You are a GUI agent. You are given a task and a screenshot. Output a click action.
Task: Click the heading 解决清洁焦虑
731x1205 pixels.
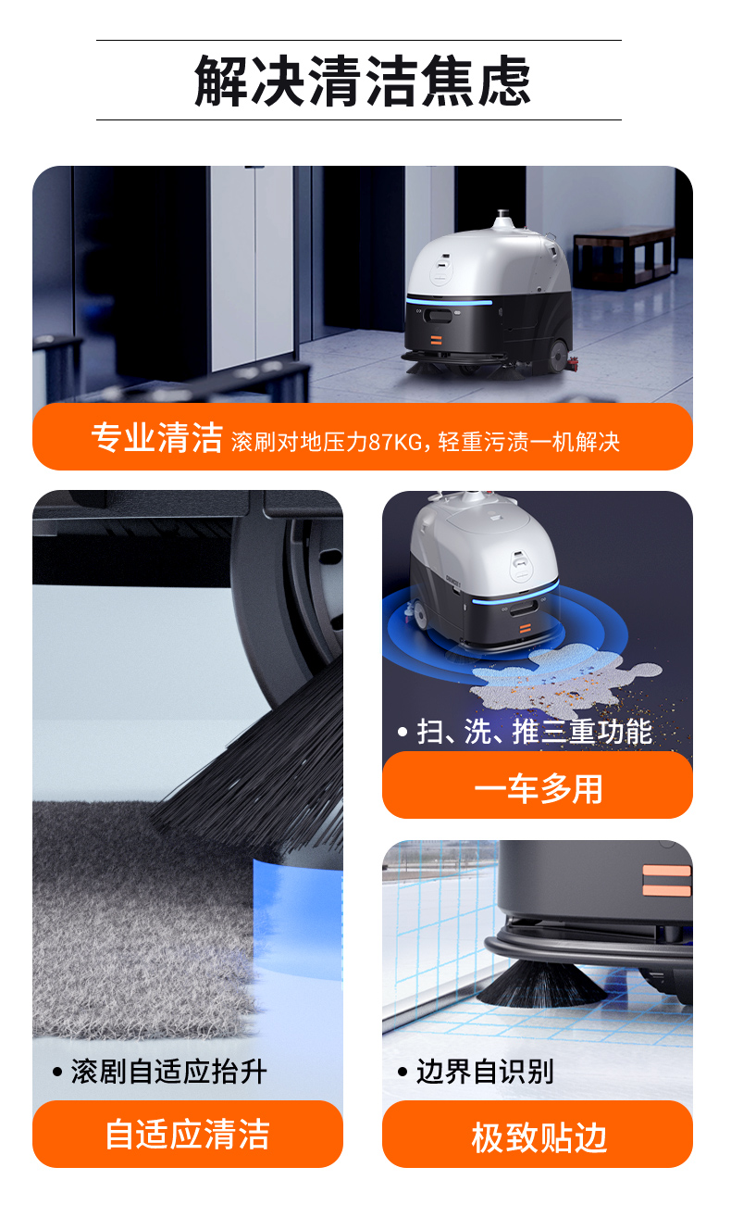[363, 81]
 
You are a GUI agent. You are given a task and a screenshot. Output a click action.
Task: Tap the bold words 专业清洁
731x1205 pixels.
[156, 437]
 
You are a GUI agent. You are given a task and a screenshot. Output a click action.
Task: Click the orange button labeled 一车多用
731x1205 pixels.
[537, 787]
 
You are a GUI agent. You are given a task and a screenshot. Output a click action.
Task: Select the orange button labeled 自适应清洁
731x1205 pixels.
[187, 1135]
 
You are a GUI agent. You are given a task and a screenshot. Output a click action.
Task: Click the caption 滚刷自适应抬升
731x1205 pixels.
[168, 1072]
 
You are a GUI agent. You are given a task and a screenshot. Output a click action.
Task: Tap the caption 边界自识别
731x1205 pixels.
[484, 1072]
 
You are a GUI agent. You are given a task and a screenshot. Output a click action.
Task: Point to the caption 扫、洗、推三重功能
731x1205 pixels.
[534, 732]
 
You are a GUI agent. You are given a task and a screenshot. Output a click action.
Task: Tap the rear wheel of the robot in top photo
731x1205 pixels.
[558, 357]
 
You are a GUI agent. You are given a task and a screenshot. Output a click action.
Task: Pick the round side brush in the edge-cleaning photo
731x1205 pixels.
[541, 982]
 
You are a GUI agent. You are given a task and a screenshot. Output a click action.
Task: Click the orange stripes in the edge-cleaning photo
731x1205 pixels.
[667, 880]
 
